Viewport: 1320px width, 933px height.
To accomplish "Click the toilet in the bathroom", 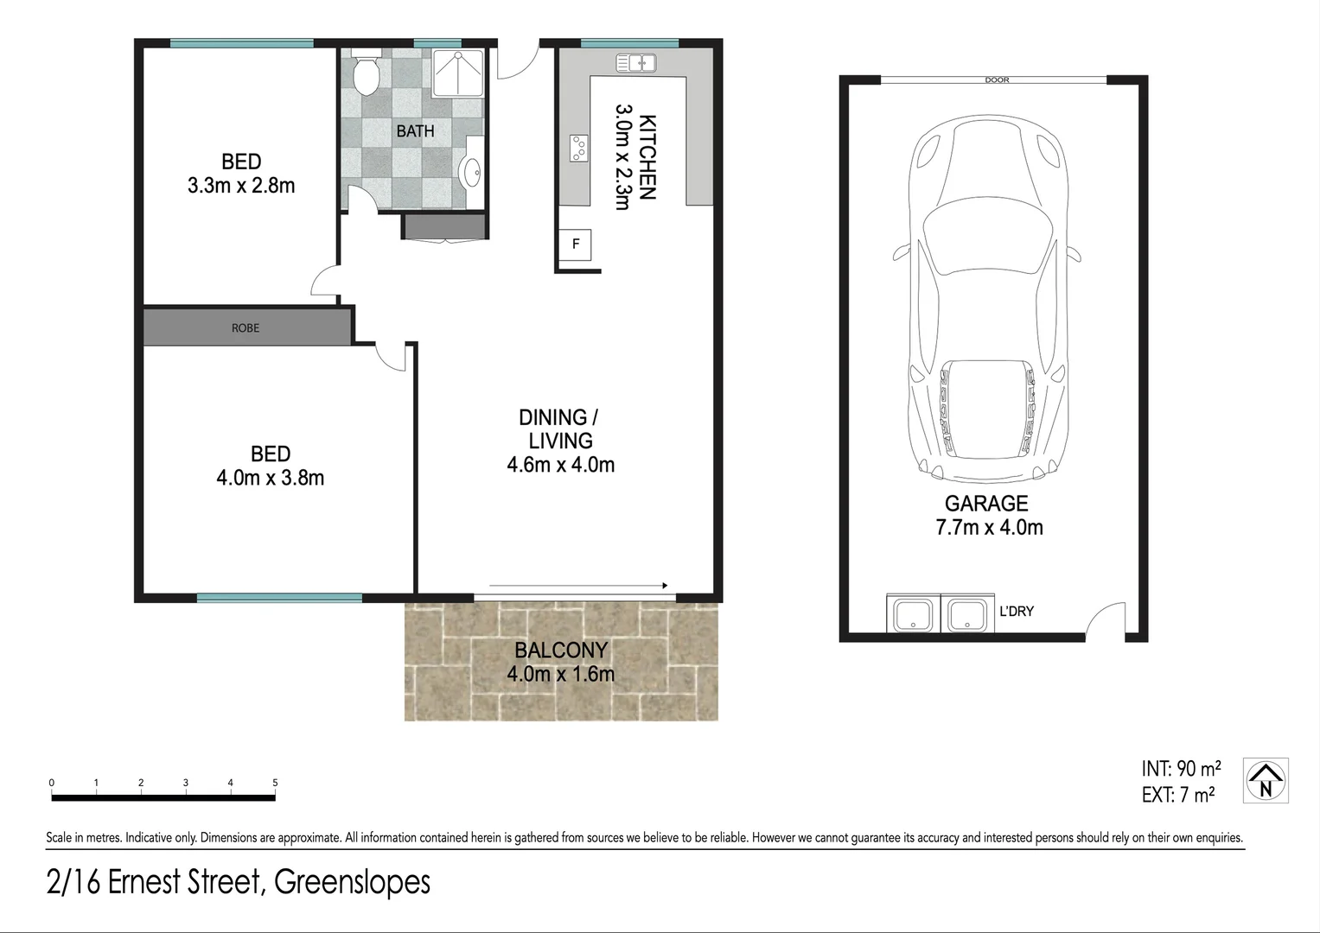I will point(367,73).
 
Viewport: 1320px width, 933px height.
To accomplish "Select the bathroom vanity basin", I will point(473,173).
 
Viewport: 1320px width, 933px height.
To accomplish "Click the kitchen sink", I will point(636,63).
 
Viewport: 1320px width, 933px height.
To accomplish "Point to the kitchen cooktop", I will point(579,149).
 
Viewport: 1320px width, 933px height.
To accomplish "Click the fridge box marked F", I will point(576,244).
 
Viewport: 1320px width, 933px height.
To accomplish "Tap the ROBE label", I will point(246,328).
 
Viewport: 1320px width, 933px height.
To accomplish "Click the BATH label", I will point(415,131).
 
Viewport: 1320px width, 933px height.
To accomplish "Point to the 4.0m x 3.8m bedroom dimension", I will point(270,478).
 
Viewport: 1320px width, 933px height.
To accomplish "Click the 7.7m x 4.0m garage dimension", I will point(989,527).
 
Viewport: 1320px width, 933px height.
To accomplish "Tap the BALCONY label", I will point(561,650).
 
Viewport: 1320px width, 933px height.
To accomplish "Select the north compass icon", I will point(1266,781).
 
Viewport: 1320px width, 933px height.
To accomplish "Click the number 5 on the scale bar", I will point(275,783).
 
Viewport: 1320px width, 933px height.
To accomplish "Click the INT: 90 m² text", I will point(1181,769).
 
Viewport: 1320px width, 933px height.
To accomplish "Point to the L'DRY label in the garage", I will point(1016,611).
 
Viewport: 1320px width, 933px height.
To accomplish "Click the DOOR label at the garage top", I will point(997,80).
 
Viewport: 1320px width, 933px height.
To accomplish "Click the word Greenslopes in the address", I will point(352,882).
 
